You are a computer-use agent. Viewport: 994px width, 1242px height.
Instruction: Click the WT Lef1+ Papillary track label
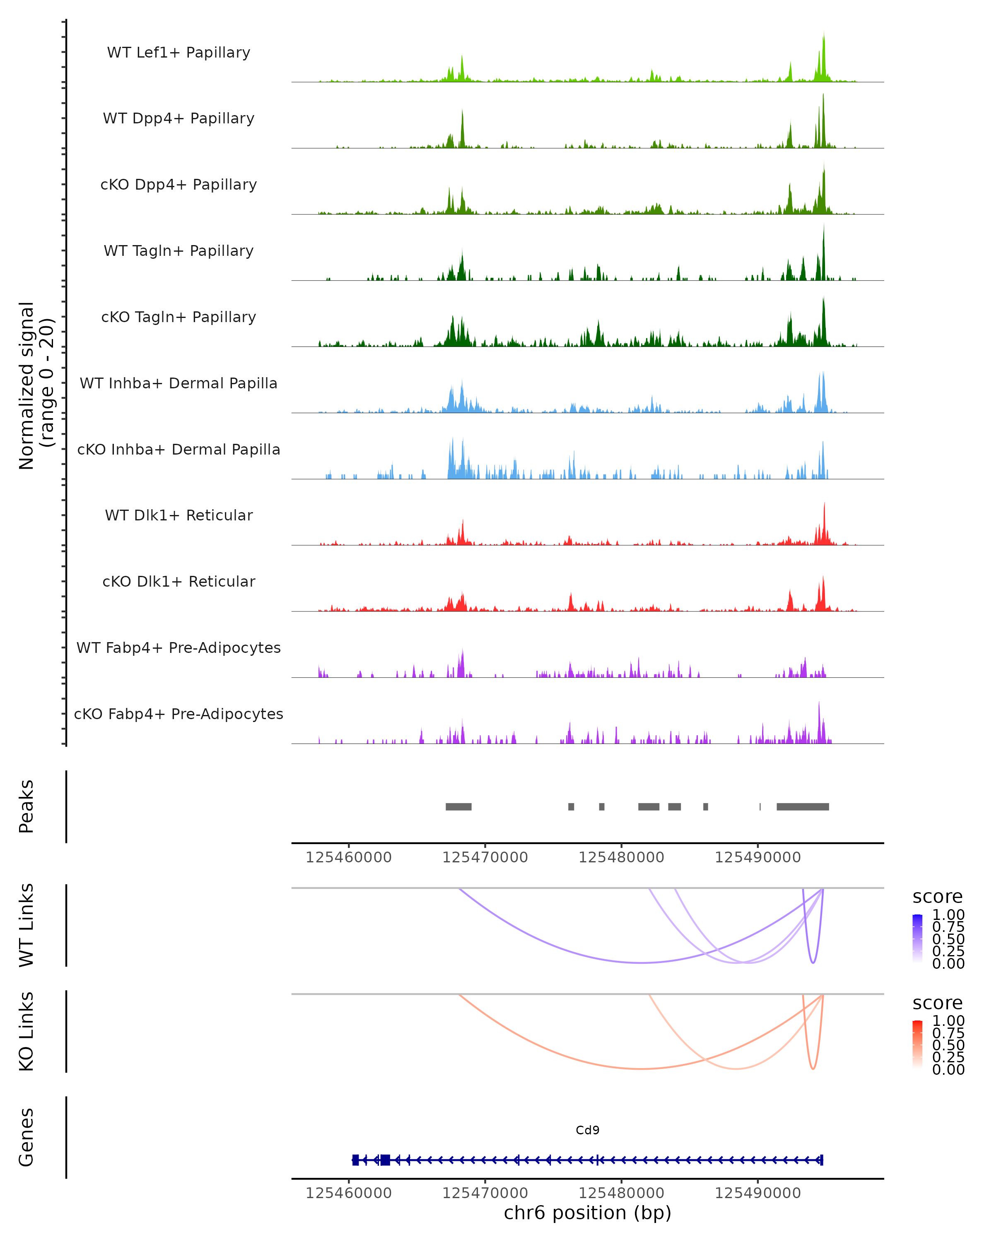[179, 53]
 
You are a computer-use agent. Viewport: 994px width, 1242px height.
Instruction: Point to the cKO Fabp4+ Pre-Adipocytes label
[179, 714]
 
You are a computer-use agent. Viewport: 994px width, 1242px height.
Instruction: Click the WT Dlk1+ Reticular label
[179, 515]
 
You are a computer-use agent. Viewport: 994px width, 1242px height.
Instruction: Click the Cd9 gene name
[587, 1130]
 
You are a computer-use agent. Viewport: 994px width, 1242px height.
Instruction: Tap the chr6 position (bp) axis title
[587, 1213]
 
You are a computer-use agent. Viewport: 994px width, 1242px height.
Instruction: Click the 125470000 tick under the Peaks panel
[485, 857]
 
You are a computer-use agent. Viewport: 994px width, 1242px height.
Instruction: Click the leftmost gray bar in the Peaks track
[458, 806]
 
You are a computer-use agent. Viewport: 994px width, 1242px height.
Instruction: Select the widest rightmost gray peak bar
[802, 806]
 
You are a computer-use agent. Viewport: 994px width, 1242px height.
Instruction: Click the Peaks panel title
[26, 806]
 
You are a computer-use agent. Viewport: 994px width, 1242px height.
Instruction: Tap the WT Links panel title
[26, 924]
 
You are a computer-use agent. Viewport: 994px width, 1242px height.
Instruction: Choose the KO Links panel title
[26, 1031]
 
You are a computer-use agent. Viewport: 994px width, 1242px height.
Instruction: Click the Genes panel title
[26, 1137]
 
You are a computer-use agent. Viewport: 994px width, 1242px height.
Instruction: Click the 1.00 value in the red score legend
[948, 1021]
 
